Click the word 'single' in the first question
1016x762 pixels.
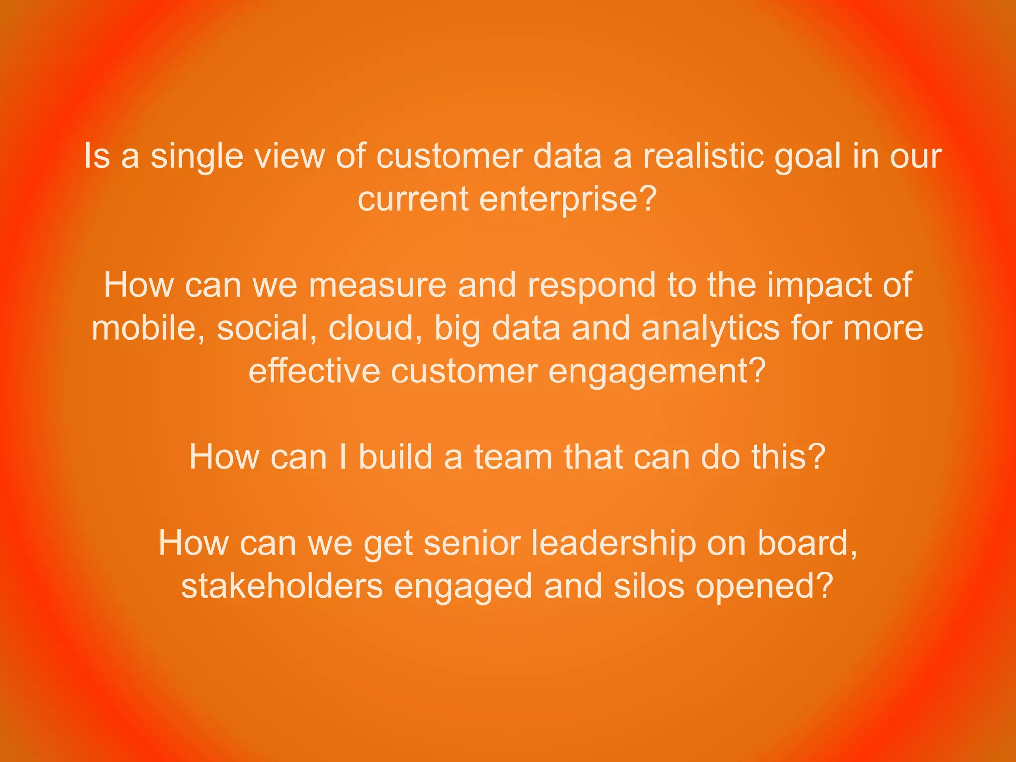point(196,157)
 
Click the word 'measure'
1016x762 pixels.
point(377,286)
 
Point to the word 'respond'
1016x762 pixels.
point(591,287)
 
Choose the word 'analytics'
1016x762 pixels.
point(710,329)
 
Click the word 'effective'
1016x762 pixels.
point(314,371)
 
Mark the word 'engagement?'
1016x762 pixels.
point(657,372)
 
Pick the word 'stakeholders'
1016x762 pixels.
point(282,586)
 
